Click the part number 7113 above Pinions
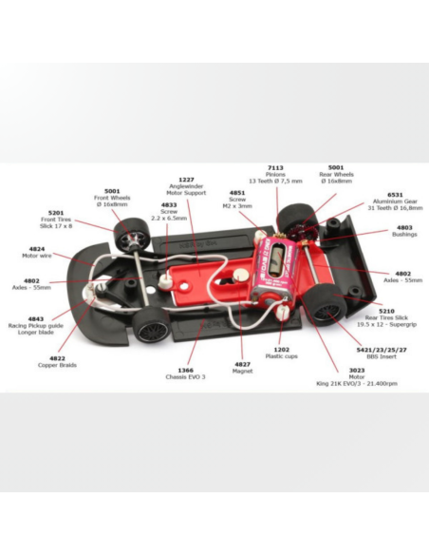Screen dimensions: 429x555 [x=275, y=168]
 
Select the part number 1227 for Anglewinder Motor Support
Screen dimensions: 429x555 [x=186, y=180]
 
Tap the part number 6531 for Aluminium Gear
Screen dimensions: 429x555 [x=395, y=195]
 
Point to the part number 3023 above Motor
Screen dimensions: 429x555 [x=357, y=371]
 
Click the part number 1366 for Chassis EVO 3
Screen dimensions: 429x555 [x=185, y=371]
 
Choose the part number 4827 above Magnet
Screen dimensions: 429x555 [x=242, y=364]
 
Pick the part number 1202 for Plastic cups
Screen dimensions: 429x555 [x=281, y=350]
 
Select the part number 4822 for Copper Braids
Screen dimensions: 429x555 [x=57, y=358]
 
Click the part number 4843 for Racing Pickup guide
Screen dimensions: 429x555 [x=36, y=319]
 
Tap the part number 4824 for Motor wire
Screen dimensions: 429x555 [x=37, y=249]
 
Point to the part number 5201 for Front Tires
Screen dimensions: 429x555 [x=56, y=213]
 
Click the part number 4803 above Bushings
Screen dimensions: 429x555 [x=404, y=227]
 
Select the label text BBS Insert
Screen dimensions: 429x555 [x=382, y=356]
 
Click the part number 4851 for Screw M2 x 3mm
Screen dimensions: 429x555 [x=237, y=193]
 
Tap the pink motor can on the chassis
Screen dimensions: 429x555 [x=276, y=270]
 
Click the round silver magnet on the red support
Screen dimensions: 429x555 [x=241, y=275]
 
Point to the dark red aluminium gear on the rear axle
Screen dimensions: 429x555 [x=299, y=232]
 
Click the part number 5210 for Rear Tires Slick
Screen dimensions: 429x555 [x=386, y=311]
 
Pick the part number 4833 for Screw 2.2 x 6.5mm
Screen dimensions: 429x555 [x=169, y=205]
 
